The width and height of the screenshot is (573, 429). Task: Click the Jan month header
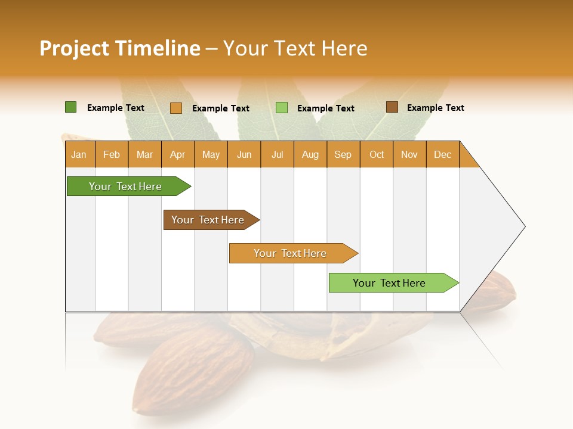[79, 154]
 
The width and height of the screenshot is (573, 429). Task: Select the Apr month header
[178, 154]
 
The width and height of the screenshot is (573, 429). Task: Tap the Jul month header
[277, 154]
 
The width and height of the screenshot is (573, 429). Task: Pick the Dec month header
[442, 154]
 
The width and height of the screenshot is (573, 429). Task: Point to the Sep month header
[343, 154]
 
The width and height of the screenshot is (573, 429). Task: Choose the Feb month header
[112, 154]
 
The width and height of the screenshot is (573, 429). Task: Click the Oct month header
[377, 154]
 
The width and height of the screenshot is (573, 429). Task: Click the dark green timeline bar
[125, 186]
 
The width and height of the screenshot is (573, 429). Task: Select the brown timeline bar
[208, 220]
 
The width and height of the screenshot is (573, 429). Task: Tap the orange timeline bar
[290, 253]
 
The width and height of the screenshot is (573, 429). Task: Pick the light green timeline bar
[389, 283]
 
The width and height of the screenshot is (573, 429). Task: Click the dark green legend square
[70, 107]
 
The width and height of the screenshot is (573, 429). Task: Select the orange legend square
[175, 108]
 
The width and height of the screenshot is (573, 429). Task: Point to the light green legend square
[282, 108]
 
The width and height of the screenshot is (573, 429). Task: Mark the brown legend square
[392, 107]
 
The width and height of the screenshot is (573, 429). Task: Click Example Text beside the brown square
[435, 108]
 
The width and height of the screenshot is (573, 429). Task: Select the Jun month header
[244, 154]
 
